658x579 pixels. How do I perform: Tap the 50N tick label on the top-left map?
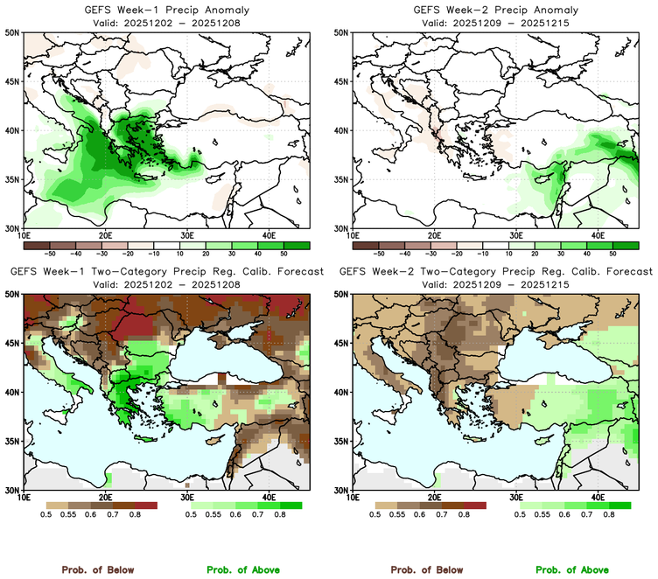(x=12, y=33)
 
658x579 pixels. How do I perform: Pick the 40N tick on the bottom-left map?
(x=12, y=393)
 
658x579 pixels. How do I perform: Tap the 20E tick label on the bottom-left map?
(x=105, y=499)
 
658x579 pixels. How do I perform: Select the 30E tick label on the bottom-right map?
(x=517, y=499)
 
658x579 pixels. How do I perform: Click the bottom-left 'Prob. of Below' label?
(x=97, y=569)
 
